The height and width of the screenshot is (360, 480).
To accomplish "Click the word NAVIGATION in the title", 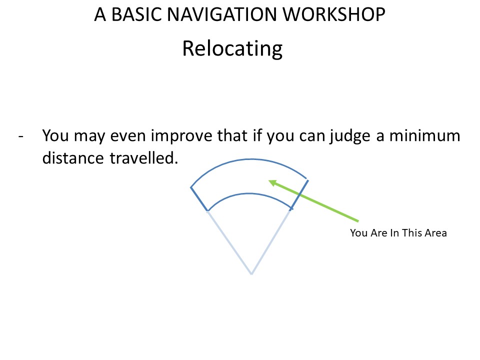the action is [x=222, y=14].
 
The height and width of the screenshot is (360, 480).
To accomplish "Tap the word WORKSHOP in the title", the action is [x=333, y=14].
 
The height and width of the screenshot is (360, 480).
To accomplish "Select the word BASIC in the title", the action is [x=136, y=14].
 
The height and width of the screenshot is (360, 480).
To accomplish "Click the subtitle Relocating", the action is [x=232, y=48].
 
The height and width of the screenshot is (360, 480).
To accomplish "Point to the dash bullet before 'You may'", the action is [x=21, y=136].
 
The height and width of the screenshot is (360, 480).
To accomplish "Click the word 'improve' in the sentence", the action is [x=183, y=136].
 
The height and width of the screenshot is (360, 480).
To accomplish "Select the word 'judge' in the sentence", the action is [x=350, y=136].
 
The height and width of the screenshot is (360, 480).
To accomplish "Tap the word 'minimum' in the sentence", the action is [x=424, y=136].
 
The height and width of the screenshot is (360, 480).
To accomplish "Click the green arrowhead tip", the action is [x=269, y=181].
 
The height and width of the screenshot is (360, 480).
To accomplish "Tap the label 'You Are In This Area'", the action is [x=398, y=233].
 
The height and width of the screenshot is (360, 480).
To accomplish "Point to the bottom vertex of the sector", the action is [x=251, y=274].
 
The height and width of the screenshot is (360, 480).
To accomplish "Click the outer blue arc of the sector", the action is [x=251, y=159].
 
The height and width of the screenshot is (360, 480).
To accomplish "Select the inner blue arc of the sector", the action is [x=249, y=193].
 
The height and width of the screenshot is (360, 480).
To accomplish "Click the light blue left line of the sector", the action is [x=229, y=242].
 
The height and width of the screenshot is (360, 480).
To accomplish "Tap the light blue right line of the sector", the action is [x=271, y=242].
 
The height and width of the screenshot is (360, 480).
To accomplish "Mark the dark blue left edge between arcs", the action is [x=199, y=199].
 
